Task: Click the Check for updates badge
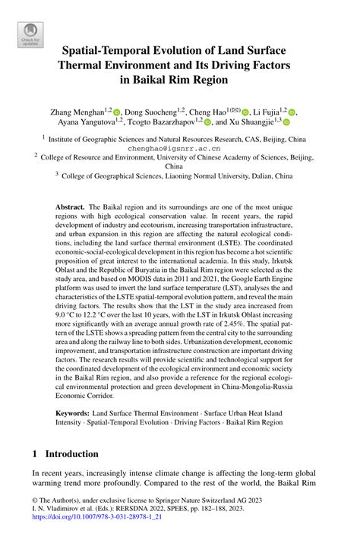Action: pyautogui.click(x=30, y=34)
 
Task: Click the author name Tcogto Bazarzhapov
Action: pyautogui.click(x=160, y=122)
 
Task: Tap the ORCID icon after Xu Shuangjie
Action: pyautogui.click(x=287, y=122)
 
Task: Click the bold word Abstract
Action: pyautogui.click(x=71, y=207)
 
